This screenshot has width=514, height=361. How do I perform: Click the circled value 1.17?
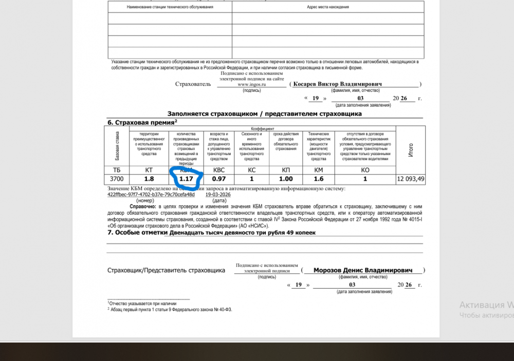pyautogui.click(x=186, y=179)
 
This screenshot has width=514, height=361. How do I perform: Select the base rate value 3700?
pyautogui.click(x=117, y=179)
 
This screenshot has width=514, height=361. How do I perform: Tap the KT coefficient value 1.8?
pyautogui.click(x=149, y=179)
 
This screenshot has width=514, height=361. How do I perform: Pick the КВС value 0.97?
pyautogui.click(x=219, y=179)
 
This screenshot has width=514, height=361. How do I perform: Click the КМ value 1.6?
pyautogui.click(x=318, y=179)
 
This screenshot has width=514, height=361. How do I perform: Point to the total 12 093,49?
pyautogui.click(x=411, y=179)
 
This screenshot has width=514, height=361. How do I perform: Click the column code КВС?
pyautogui.click(x=219, y=169)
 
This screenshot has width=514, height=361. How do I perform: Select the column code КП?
pyautogui.click(x=286, y=169)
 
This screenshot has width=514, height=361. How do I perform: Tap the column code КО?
pyautogui.click(x=365, y=169)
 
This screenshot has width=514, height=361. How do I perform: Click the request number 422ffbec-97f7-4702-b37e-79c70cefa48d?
pyautogui.click(x=151, y=195)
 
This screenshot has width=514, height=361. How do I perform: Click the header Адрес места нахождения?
pyautogui.click(x=327, y=7)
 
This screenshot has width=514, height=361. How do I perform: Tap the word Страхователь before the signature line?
pyautogui.click(x=193, y=84)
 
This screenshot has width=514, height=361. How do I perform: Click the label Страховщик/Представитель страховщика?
pyautogui.click(x=166, y=270)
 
